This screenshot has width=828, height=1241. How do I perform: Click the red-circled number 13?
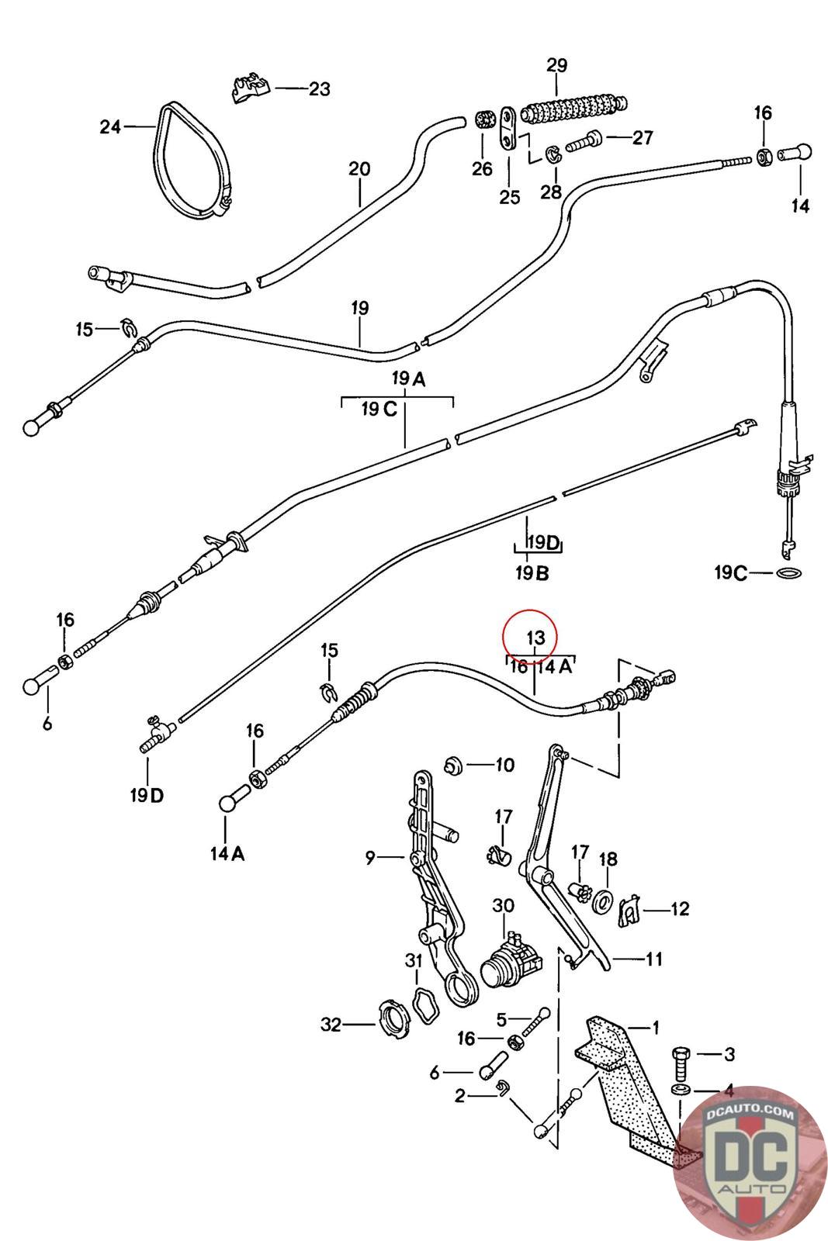[535, 637]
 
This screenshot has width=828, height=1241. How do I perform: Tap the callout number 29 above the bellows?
[557, 65]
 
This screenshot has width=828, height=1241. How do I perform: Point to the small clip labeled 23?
[251, 87]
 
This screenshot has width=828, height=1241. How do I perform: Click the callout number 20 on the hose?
[359, 168]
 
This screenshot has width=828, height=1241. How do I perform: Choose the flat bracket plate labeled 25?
[508, 129]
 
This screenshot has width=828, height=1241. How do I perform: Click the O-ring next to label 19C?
[789, 572]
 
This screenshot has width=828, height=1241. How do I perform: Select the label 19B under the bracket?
[532, 573]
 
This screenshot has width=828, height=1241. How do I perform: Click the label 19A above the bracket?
[409, 379]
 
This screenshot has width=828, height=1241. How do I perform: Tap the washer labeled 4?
[681, 1091]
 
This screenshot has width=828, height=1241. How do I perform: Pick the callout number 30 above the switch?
[503, 905]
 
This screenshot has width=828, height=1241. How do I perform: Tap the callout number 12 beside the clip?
[680, 908]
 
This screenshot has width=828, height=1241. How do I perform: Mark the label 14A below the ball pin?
[227, 853]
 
